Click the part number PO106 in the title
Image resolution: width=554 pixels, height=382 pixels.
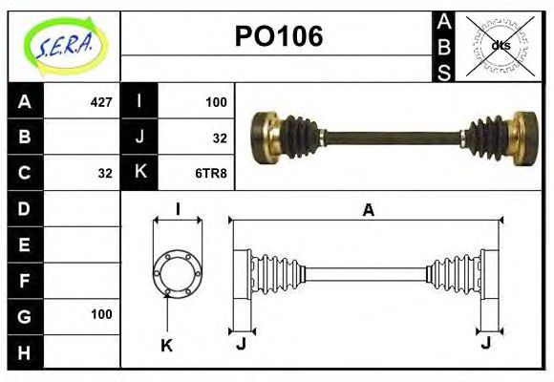pyautogui.click(x=279, y=37)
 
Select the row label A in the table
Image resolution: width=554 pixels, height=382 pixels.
pyautogui.click(x=25, y=101)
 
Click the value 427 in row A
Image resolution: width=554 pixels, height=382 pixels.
pyautogui.click(x=100, y=101)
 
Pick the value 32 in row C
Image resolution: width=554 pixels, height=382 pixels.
pyautogui.click(x=105, y=174)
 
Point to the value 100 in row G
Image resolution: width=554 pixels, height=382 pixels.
pyautogui.click(x=101, y=314)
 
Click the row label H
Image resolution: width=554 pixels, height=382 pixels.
pyautogui.click(x=25, y=351)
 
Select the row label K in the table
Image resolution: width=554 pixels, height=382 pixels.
pyautogui.click(x=139, y=174)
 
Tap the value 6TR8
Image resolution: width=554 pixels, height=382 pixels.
pyautogui.click(x=211, y=174)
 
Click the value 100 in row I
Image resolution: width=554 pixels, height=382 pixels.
pyautogui.click(x=216, y=101)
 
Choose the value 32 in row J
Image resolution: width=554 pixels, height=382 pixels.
pyautogui.click(x=219, y=138)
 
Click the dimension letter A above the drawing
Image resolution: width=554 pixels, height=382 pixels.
pyautogui.click(x=368, y=211)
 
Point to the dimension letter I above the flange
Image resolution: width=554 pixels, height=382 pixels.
pyautogui.click(x=178, y=210)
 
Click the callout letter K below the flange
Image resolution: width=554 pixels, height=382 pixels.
pyautogui.click(x=166, y=345)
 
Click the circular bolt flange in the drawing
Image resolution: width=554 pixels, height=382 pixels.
pyautogui.click(x=178, y=272)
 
